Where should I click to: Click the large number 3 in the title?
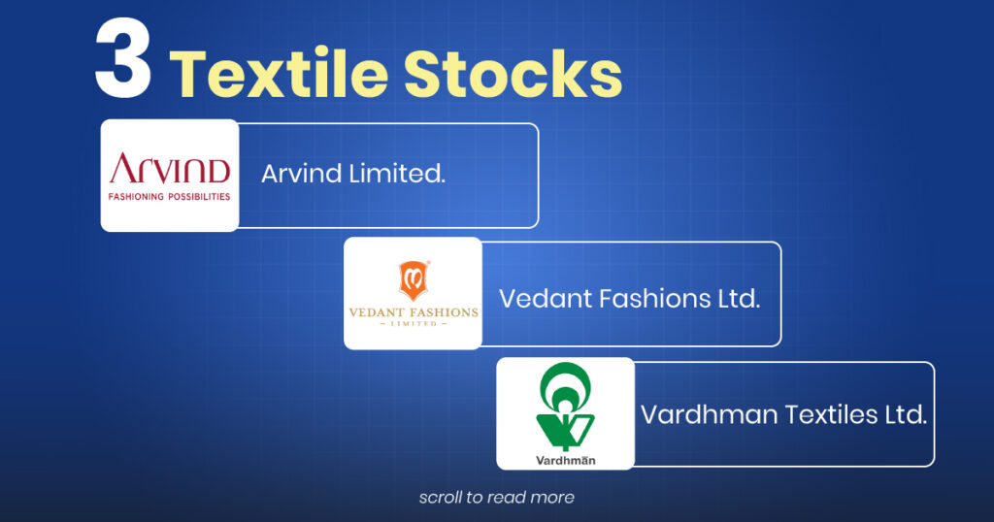[123, 65]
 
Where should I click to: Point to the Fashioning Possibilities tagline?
[170, 196]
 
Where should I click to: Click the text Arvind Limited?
[353, 176]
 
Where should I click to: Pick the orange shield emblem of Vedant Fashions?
[413, 280]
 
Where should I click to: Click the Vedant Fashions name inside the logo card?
[414, 312]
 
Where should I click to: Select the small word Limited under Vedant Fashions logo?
[414, 325]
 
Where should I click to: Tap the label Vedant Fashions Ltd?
[629, 298]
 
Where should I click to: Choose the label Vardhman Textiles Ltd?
[783, 415]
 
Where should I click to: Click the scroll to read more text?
[496, 498]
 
